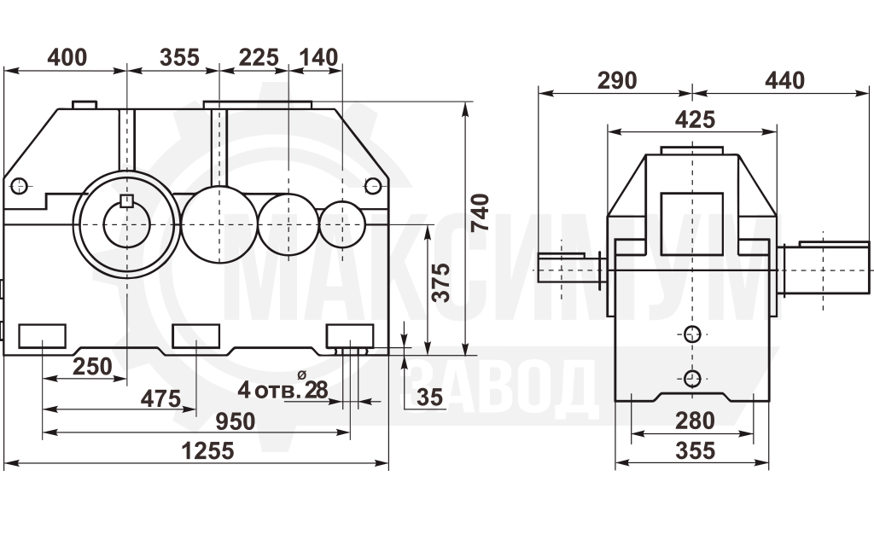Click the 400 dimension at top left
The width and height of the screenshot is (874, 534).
(67, 57)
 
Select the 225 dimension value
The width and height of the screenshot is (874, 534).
(259, 57)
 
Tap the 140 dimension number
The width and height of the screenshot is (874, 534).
(318, 57)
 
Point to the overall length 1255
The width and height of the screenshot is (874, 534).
(208, 450)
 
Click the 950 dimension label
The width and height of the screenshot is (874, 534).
(236, 421)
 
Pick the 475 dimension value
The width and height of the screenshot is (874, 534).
(160, 398)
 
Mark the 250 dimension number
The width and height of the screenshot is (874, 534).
(92, 367)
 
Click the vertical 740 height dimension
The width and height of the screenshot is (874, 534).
(480, 212)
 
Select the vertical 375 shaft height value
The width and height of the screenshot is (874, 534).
(441, 282)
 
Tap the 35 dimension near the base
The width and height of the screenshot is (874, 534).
(430, 397)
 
